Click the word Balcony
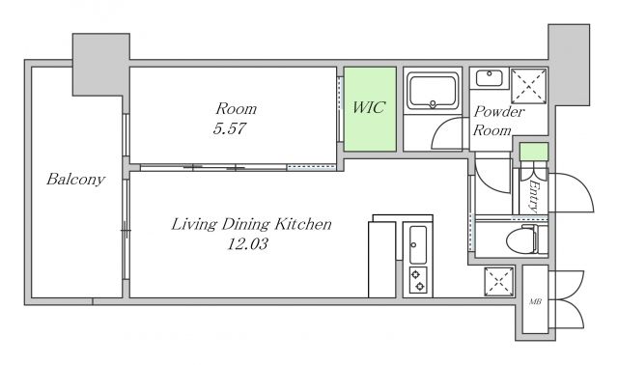pos(75,180)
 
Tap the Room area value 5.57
pos(230,128)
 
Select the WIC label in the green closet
pos(369,107)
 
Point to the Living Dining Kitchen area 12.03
pos(247,244)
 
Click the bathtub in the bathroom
pos(433,92)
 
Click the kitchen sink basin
pos(417,244)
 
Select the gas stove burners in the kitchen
pos(418,280)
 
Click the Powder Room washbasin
pos(490,78)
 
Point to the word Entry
pos(534,196)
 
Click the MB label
pos(535,302)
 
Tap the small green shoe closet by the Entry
pos(534,152)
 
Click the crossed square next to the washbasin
pos(528,86)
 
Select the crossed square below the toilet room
pos(499,281)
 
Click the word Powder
pos(499,112)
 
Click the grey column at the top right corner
pos(569,65)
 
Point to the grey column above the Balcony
pos(100,65)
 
